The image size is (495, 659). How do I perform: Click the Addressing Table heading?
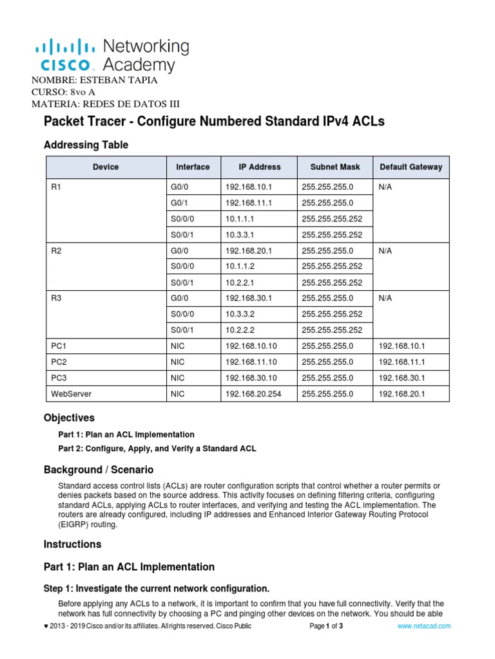[86, 145]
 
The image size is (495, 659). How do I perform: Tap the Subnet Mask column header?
[335, 167]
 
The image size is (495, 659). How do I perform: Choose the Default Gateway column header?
[411, 167]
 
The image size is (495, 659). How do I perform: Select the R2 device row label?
[57, 251]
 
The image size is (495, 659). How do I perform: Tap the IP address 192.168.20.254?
[253, 393]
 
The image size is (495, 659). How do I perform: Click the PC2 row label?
[59, 362]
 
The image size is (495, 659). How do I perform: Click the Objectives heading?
[69, 418]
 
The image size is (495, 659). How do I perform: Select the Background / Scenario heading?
[99, 469]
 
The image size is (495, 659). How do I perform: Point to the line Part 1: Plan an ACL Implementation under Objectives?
[126, 434]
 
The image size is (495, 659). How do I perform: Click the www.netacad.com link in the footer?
[425, 626]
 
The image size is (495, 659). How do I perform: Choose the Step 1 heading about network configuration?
[156, 588]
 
